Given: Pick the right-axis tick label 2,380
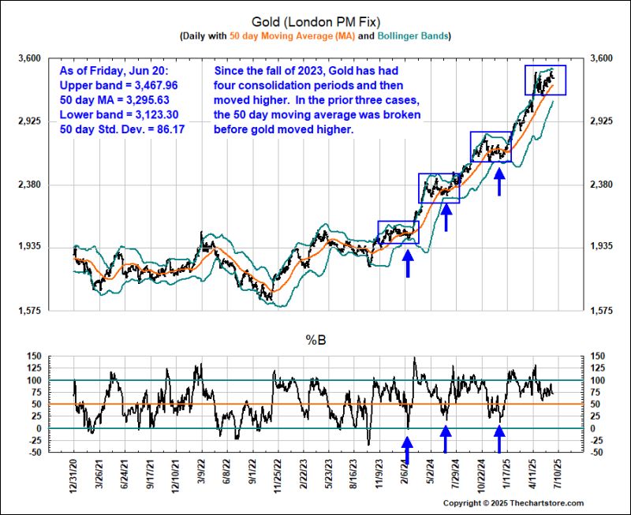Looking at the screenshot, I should click(596, 185).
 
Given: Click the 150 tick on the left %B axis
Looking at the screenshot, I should click(32, 356).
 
